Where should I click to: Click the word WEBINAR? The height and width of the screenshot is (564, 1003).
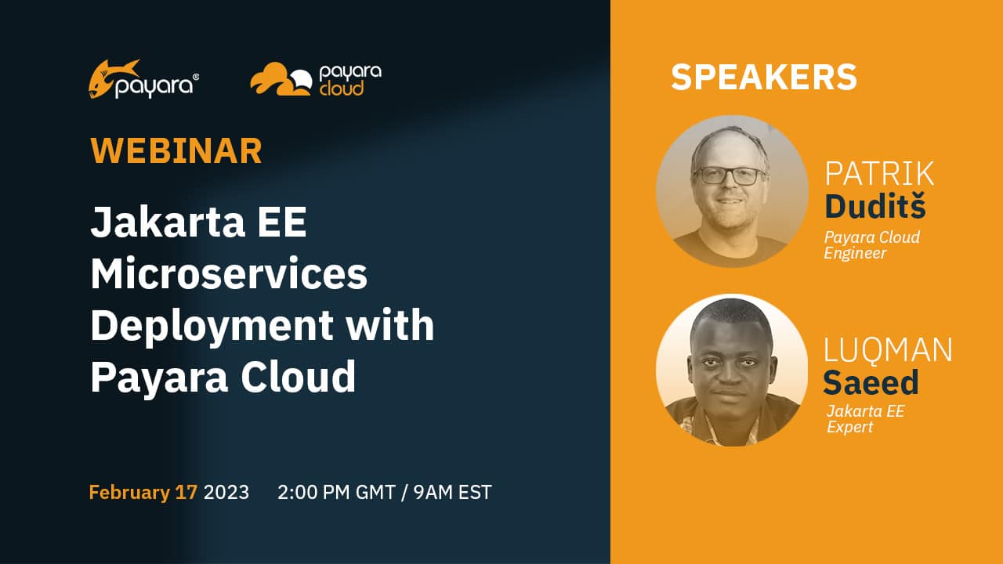coord(176,151)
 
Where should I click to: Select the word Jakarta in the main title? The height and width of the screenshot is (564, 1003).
coord(168,222)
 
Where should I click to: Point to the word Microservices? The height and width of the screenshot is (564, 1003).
coord(229,273)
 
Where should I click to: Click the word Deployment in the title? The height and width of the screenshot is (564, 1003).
coord(212,326)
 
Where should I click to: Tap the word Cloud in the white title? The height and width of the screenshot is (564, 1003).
coord(299,376)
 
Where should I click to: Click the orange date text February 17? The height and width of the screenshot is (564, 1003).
coord(143,493)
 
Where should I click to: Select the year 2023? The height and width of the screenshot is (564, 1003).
coord(226,493)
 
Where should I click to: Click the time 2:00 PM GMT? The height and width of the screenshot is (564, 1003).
coord(336,493)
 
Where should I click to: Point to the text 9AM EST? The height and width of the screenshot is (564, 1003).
coord(452,493)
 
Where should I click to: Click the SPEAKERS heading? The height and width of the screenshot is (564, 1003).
coord(764,77)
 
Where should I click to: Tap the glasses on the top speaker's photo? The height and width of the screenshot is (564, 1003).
coord(729,175)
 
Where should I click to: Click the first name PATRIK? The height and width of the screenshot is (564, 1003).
coord(879,174)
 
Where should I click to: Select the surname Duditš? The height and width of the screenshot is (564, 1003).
coord(875,205)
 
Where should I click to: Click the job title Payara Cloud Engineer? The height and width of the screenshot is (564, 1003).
coord(872,245)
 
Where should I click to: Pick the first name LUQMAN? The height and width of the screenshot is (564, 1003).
coord(888,350)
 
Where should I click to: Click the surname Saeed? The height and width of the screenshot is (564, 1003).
coord(871,381)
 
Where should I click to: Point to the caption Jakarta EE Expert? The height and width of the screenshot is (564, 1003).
coord(865,418)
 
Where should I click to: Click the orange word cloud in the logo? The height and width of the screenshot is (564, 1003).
coord(341,89)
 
